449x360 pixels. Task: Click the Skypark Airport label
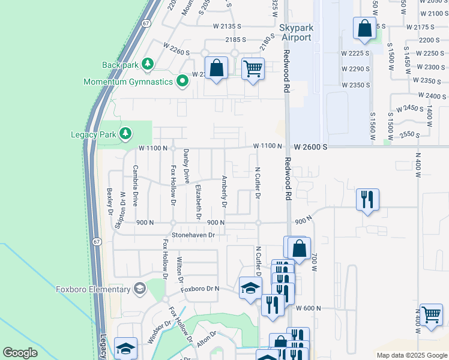pos(295,32)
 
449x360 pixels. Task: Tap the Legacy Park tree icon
pos(125,133)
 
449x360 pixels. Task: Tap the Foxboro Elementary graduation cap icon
pos(139,289)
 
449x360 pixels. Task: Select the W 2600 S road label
pos(310,146)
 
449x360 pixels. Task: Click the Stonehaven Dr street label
pos(193,235)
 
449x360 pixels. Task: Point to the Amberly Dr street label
pos(224,191)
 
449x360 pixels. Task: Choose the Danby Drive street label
pos(186,166)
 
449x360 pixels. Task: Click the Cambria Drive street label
pos(136,185)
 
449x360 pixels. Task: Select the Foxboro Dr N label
pos(200,289)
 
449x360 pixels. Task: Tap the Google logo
pos(20,353)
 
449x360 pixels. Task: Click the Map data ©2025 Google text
pos(411,355)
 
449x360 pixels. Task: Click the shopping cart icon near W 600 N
pos(432,314)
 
